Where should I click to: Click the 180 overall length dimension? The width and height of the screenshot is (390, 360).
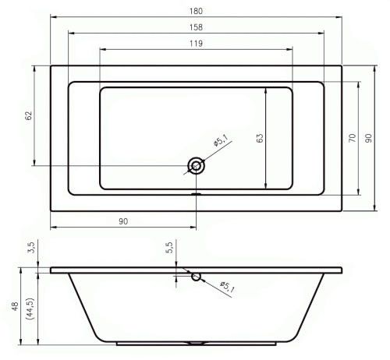pyautogui.click(x=196, y=11)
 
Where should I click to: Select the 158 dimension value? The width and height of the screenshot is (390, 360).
pyautogui.click(x=196, y=27)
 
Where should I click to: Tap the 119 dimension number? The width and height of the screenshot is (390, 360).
pyautogui.click(x=196, y=44)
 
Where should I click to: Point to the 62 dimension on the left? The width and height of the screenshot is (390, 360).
pyautogui.click(x=29, y=115)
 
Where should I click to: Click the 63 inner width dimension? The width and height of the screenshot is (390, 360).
pyautogui.click(x=260, y=138)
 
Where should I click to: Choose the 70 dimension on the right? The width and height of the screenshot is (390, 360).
pyautogui.click(x=352, y=138)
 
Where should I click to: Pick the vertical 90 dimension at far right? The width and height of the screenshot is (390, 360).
pyautogui.click(x=368, y=138)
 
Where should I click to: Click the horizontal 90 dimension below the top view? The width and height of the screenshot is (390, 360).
pyautogui.click(x=123, y=221)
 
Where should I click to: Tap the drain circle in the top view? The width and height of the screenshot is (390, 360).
pyautogui.click(x=196, y=165)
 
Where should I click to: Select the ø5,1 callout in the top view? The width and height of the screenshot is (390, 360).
pyautogui.click(x=221, y=140)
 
